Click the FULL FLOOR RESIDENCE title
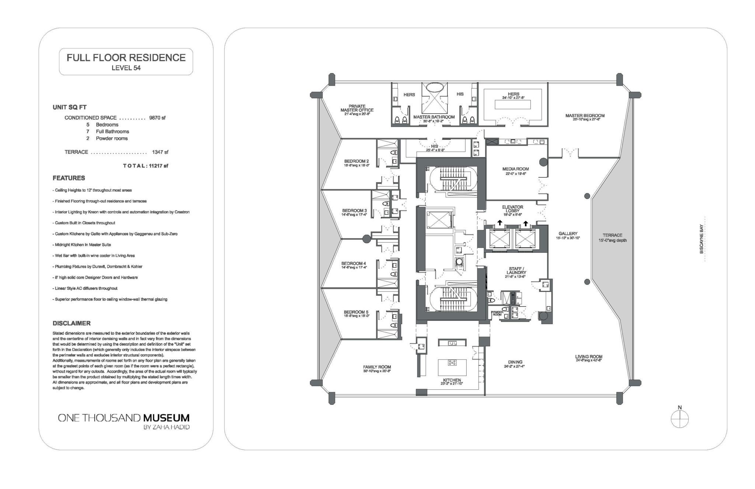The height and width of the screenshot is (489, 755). tap(126, 58)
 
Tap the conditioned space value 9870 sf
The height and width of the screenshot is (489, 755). tap(157, 118)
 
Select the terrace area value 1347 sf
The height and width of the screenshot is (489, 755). tap(160, 152)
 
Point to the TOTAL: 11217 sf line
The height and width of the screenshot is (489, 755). tap(146, 166)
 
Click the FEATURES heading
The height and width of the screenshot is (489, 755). tap(69, 178)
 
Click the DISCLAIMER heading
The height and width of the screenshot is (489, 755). tap(72, 323)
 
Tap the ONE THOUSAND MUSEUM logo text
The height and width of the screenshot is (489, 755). tap(124, 418)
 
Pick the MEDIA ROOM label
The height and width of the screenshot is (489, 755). tap(515, 169)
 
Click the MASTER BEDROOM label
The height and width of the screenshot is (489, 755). tap(585, 116)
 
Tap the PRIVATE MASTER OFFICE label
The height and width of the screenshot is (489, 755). tap(356, 108)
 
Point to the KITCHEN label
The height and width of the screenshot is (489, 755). tap(452, 380)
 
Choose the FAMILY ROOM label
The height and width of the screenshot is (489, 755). tap(377, 367)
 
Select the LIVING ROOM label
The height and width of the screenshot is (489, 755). tap(589, 357)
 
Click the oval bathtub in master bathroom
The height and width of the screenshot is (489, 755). tap(434, 87)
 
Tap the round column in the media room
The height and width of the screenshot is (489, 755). tap(543, 162)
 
